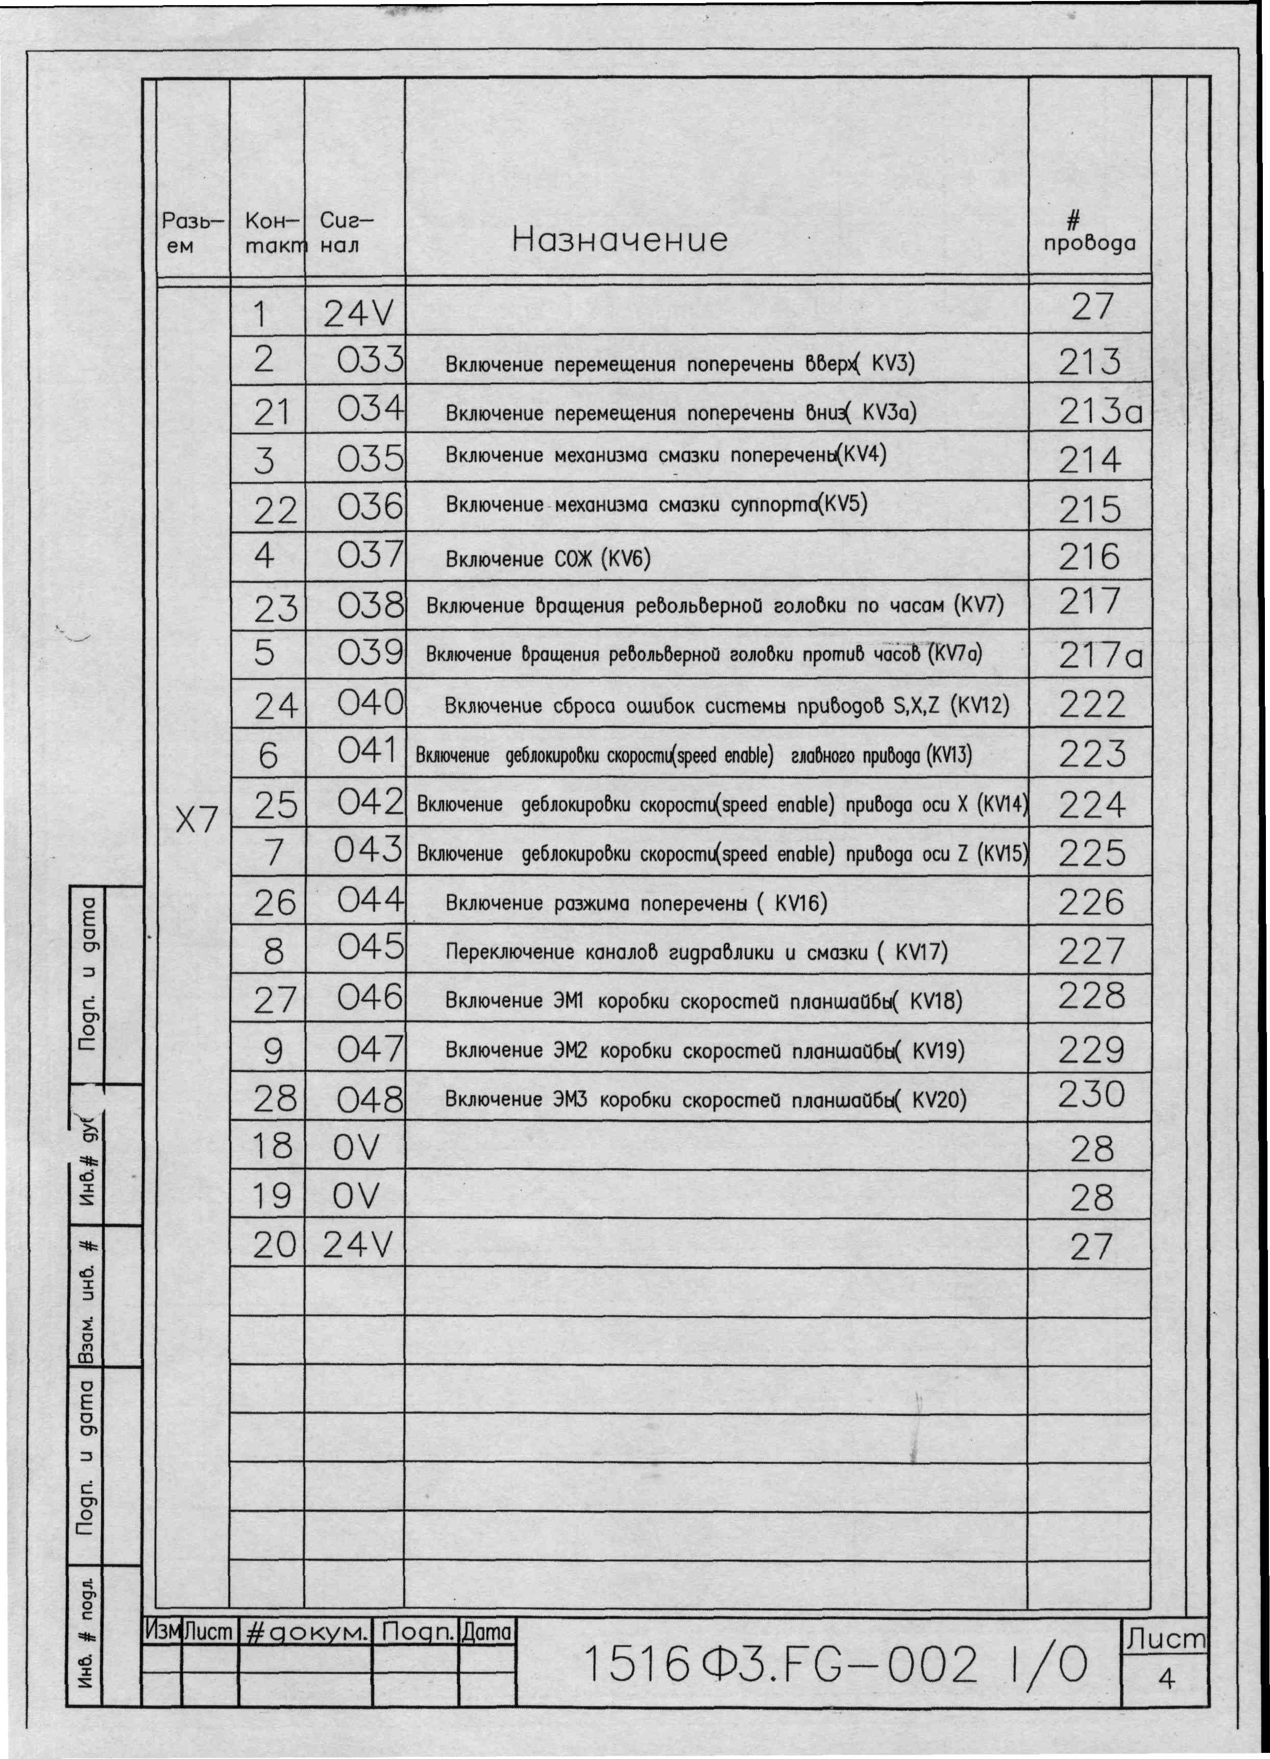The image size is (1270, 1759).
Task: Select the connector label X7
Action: click(196, 819)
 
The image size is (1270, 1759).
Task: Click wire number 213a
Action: click(1100, 412)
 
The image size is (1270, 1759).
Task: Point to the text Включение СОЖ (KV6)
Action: click(547, 559)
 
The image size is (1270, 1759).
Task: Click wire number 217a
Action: click(1100, 656)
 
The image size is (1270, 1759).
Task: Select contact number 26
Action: click(275, 902)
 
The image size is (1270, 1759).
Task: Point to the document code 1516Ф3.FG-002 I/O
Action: click(834, 1665)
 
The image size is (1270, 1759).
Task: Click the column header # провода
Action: click(1089, 233)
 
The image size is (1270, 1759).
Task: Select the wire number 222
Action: click(1091, 705)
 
